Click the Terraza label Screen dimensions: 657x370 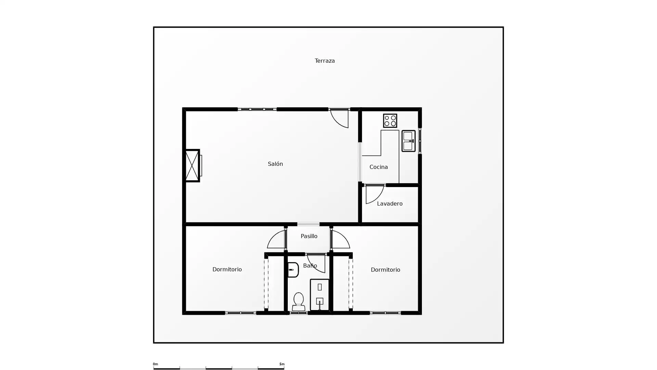point(324,61)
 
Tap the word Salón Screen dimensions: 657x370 point(275,164)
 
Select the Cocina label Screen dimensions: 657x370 point(378,167)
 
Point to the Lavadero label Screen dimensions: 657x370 point(389,203)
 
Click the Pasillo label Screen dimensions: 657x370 point(309,236)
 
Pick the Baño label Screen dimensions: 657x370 point(310,266)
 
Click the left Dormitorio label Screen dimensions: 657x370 point(227,269)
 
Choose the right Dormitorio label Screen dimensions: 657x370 point(385,270)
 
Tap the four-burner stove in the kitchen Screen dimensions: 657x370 point(390,121)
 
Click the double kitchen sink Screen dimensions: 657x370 point(408,141)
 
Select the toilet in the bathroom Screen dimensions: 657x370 point(298,301)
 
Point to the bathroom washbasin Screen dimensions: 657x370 point(293,270)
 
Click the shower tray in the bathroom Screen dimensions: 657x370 point(320,295)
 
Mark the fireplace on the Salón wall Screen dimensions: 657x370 point(192,165)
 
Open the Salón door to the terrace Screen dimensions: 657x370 point(339,118)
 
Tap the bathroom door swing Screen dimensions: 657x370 point(316,263)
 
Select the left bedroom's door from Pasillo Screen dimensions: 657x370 point(277,239)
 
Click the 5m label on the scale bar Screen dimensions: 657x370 point(282,364)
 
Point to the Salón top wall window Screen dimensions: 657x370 point(257,109)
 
